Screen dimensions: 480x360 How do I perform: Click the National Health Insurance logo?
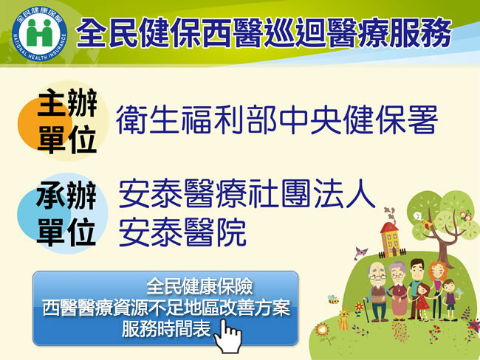[39, 34]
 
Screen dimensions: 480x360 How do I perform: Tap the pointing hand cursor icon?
[228, 336]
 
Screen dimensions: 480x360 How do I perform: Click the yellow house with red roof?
[389, 240]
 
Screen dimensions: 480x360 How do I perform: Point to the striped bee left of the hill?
[333, 299]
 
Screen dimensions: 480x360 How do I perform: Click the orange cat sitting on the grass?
[343, 319]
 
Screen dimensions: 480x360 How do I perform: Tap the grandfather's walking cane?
[366, 310]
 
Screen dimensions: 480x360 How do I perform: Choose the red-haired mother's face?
[439, 271]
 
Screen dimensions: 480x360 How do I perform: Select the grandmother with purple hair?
[398, 291]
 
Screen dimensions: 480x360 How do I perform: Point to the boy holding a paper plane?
[450, 299]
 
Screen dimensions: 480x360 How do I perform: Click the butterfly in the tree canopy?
[465, 215]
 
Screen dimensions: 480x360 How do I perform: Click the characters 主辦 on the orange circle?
[67, 103]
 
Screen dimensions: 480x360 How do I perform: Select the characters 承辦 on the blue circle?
[66, 195]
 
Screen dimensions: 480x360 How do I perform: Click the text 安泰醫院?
[182, 232]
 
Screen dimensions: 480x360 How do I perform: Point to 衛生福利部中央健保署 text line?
[277, 120]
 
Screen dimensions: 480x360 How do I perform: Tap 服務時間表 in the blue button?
[166, 328]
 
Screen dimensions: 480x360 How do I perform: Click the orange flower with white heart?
[323, 330]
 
